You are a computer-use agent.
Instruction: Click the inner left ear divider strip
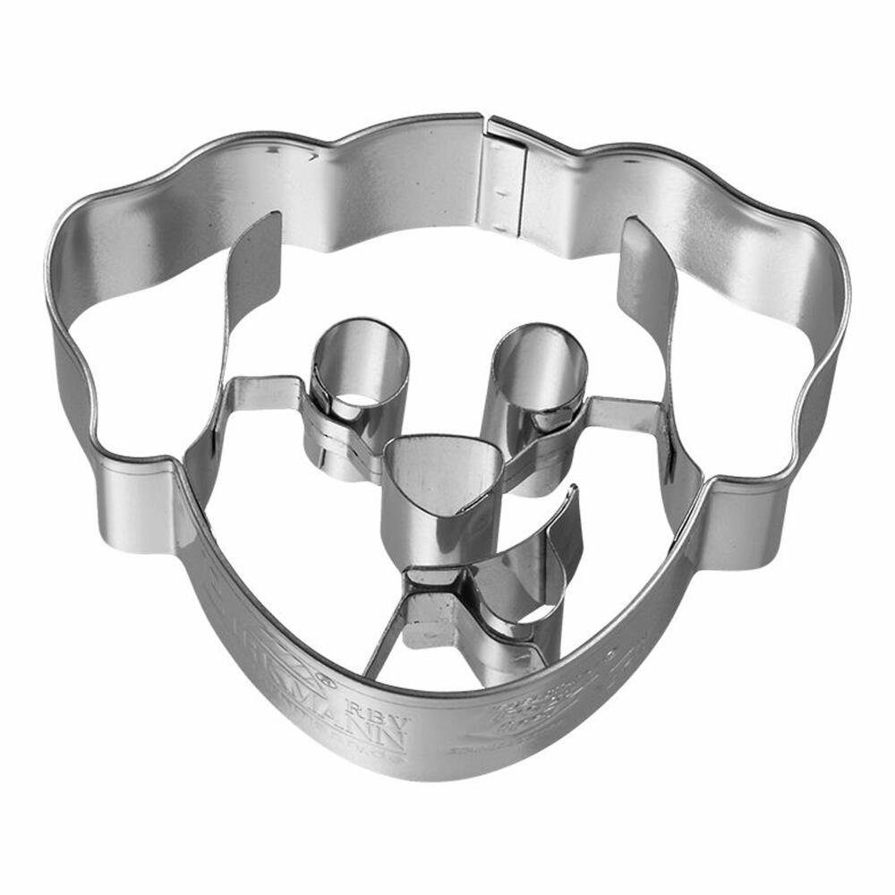pos(246,295)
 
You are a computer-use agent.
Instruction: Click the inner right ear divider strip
pos(649,295)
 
